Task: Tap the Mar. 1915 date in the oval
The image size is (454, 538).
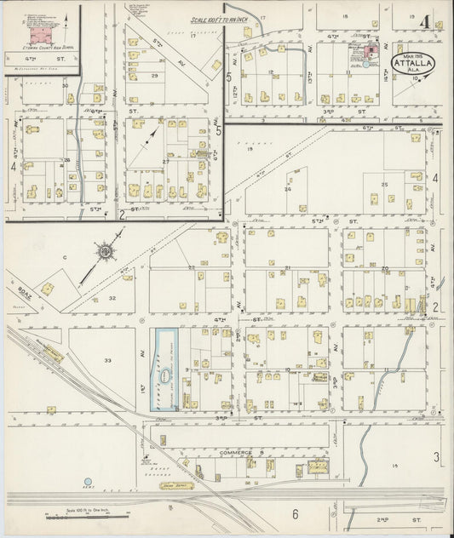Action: (416, 57)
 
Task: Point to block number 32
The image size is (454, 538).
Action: (112, 299)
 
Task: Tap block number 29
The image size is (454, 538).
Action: (154, 77)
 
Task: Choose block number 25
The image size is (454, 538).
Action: (384, 185)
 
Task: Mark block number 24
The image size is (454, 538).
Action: (288, 189)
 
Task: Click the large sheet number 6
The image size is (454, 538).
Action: (296, 514)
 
